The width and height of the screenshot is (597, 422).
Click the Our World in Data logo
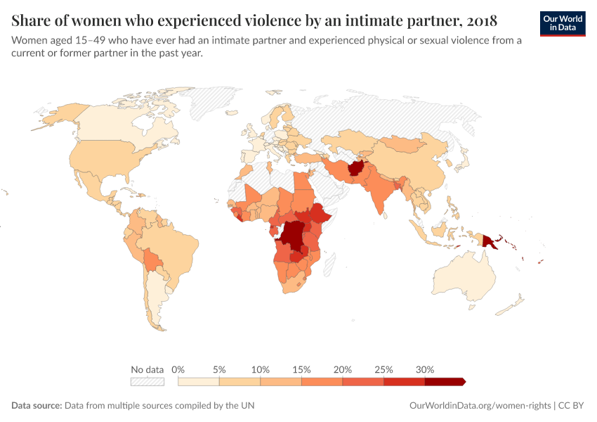pos(563,23)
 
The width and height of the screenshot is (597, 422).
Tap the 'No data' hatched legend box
pos(147,381)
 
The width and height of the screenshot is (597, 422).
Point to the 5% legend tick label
pos(219,369)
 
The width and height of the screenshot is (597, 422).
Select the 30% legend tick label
pos(425,369)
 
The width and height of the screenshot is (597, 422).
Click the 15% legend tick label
pos(301,369)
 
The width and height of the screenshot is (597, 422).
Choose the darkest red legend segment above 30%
pos(444,381)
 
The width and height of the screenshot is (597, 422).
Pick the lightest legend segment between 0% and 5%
pos(199,381)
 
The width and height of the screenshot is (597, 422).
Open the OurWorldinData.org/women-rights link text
pos(480,406)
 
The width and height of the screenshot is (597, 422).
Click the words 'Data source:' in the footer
pos(37,406)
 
